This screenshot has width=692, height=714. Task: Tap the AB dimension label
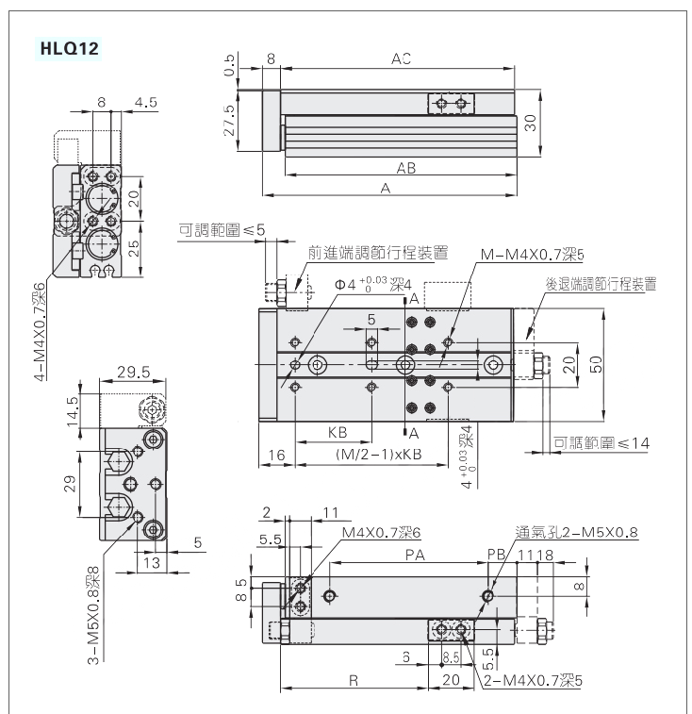click(406, 168)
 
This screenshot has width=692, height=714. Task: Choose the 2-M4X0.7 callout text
click(531, 679)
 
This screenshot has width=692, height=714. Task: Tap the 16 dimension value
click(276, 456)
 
